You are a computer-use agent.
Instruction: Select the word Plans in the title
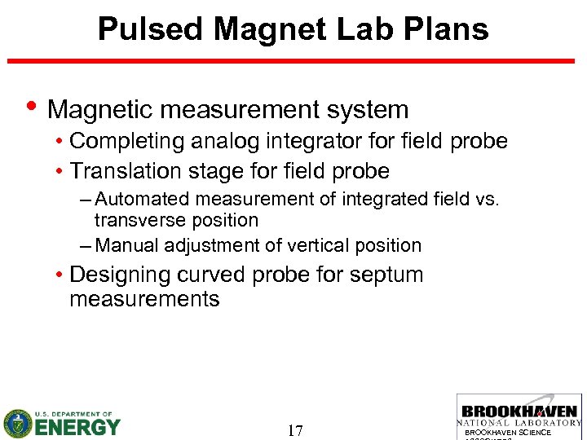[x=448, y=29]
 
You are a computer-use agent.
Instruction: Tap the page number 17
[x=295, y=430]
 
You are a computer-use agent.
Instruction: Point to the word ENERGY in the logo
[x=77, y=427]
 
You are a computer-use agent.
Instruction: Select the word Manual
[x=126, y=245]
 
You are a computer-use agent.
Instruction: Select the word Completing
[x=127, y=141]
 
